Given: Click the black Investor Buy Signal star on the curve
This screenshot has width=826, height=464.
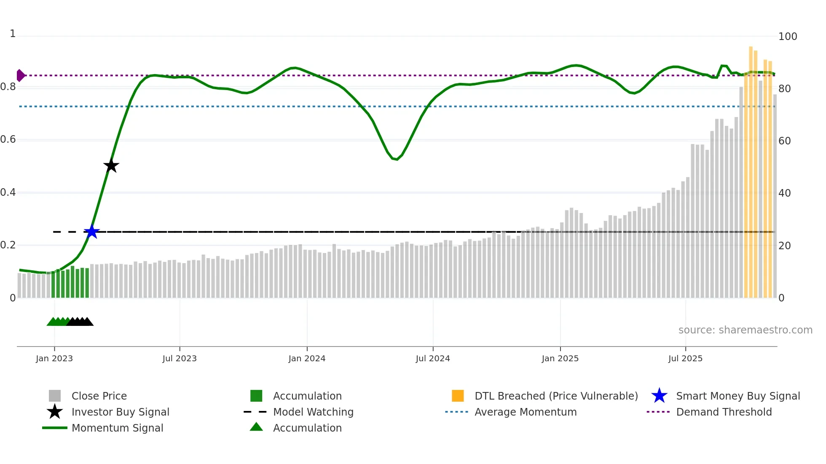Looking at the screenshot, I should (x=111, y=166).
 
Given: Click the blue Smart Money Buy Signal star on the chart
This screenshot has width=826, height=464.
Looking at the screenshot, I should (x=91, y=232).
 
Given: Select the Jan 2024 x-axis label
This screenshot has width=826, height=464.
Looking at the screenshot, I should (x=307, y=358).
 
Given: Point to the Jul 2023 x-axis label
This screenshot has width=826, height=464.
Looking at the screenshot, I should (x=180, y=358).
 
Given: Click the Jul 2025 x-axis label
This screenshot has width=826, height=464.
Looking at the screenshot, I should (x=685, y=358).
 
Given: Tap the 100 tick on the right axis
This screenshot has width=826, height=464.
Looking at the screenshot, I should (x=788, y=37).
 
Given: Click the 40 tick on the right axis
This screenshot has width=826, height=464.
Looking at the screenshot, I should (x=785, y=193).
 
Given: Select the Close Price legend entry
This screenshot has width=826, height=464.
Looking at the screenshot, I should (x=99, y=396).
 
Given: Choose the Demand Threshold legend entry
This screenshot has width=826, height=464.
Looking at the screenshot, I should (x=724, y=412).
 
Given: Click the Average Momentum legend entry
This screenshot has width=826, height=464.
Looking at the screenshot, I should (x=525, y=412).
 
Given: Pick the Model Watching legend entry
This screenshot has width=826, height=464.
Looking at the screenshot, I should (x=313, y=412).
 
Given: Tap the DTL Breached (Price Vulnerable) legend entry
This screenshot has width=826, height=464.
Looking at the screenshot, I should (x=556, y=396).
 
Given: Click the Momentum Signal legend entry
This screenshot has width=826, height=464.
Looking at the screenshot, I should (x=117, y=428).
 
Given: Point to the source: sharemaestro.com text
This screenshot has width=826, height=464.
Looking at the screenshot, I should (x=745, y=330).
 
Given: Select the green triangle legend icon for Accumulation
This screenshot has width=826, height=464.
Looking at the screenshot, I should (x=256, y=427).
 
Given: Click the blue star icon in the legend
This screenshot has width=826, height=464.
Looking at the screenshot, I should (x=659, y=396).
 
